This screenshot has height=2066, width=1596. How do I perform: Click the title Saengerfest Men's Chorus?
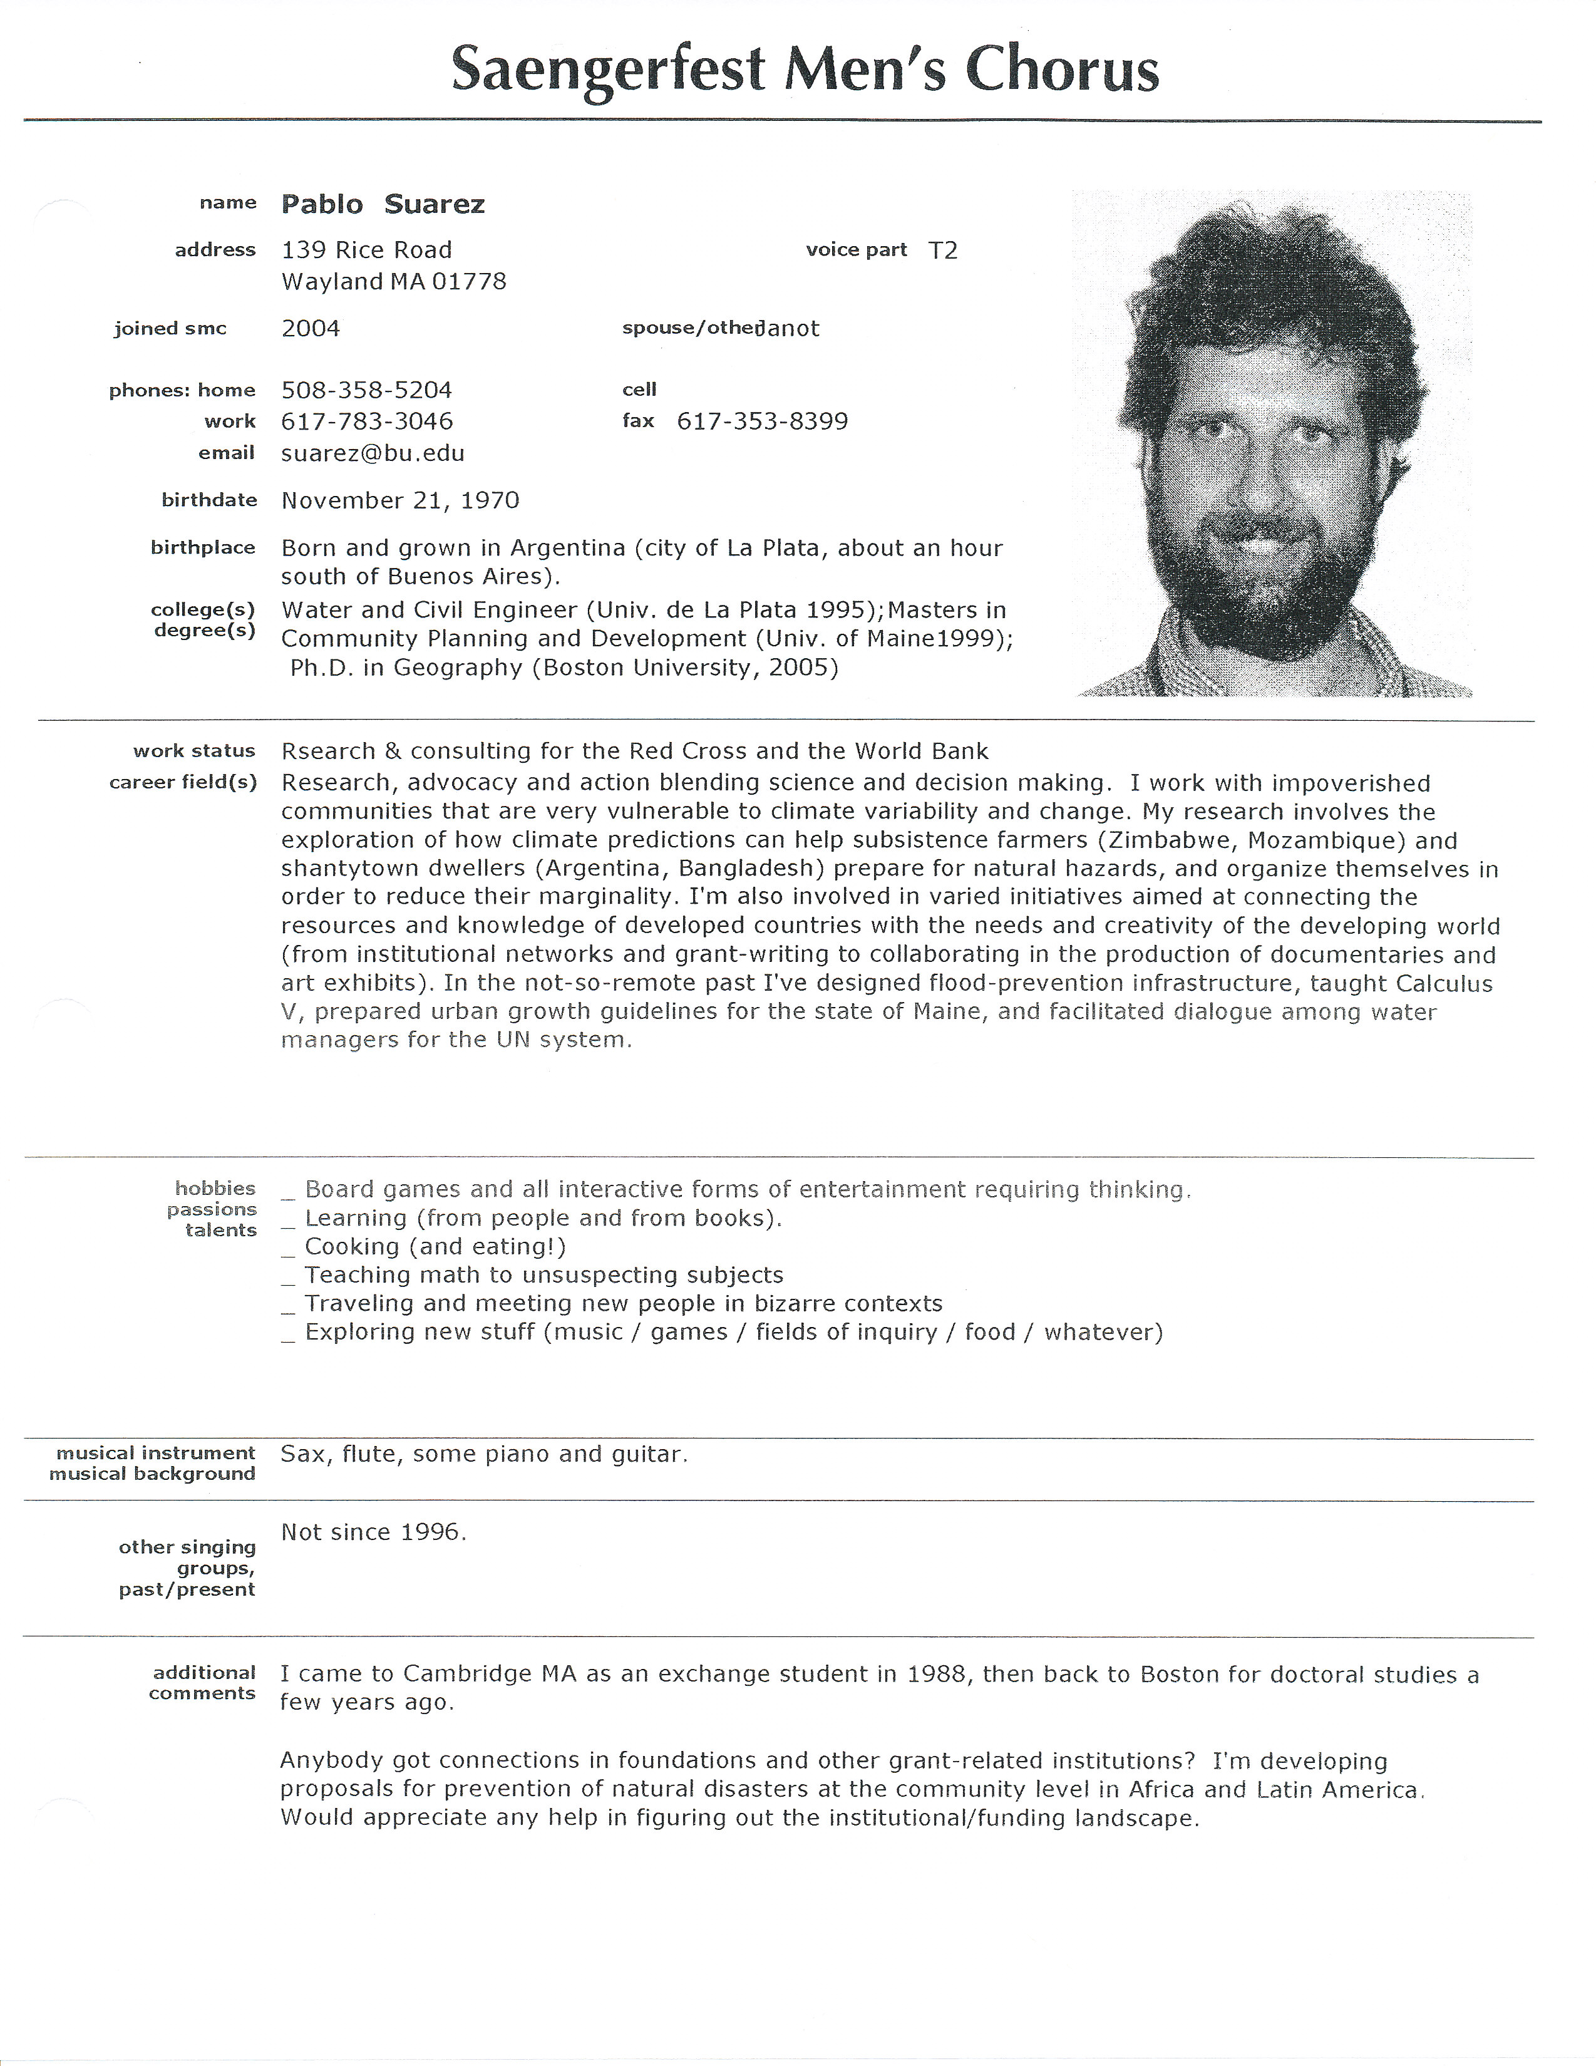(805, 70)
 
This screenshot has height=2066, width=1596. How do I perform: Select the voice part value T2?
(943, 251)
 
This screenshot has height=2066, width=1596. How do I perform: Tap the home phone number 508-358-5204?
(367, 390)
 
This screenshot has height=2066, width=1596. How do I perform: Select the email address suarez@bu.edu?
(373, 453)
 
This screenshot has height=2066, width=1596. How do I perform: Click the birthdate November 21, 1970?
(400, 500)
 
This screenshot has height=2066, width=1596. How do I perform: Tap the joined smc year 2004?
(311, 328)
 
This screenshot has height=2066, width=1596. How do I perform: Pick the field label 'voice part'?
(856, 250)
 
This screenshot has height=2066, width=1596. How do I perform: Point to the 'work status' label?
(194, 751)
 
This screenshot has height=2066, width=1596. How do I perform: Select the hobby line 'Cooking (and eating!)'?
(435, 1247)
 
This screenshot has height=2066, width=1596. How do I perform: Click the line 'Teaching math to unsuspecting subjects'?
(544, 1275)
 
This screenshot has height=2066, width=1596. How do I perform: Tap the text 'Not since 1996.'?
(374, 1532)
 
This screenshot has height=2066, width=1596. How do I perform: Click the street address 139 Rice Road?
(367, 251)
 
